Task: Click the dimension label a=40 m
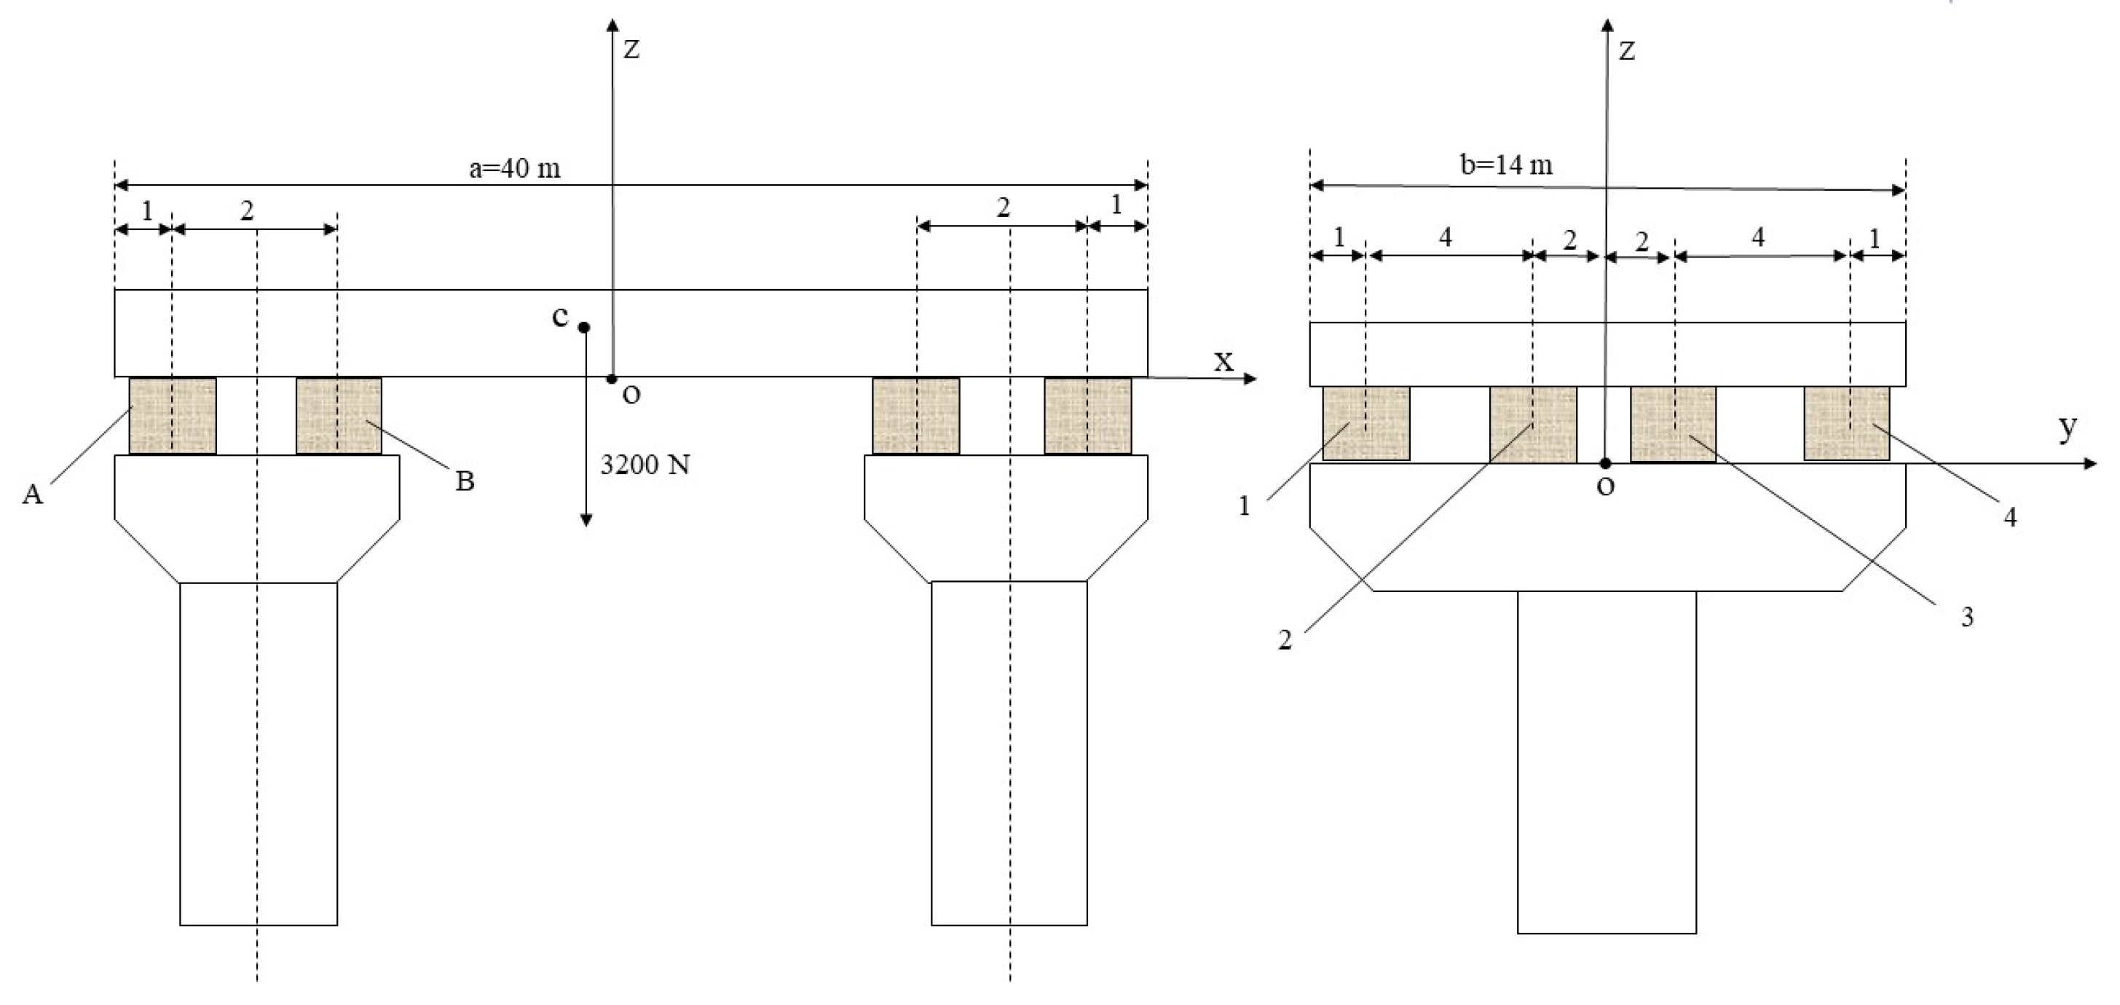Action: [x=514, y=169]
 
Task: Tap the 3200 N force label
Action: [x=645, y=466]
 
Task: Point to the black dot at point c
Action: [x=583, y=328]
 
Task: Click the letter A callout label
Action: [x=32, y=494]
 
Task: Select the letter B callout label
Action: [x=465, y=481]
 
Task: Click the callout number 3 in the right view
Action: [x=1967, y=618]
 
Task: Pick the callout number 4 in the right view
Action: [x=2010, y=518]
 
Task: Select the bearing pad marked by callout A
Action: [x=173, y=416]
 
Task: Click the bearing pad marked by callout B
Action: [x=339, y=416]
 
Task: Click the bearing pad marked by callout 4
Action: [x=1847, y=423]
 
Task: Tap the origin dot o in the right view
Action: [x=1605, y=463]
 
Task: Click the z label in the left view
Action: [x=631, y=50]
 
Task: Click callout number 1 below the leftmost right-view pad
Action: [x=1245, y=506]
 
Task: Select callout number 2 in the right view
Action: [x=1285, y=640]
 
